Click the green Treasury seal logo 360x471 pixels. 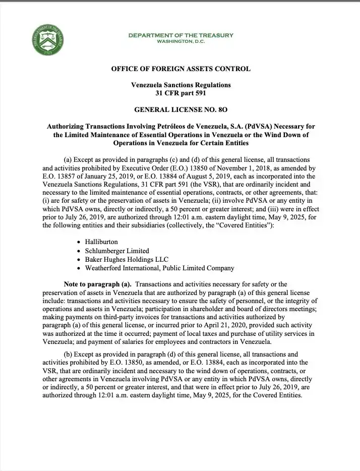click(x=49, y=38)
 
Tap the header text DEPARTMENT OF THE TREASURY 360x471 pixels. click(x=181, y=35)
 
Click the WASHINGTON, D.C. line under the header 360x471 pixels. click(x=181, y=41)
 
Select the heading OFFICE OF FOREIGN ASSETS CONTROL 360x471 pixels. click(x=181, y=69)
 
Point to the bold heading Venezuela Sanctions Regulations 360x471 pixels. click(x=181, y=85)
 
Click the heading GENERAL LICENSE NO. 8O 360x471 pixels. click(x=181, y=109)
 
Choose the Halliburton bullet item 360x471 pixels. click(x=101, y=242)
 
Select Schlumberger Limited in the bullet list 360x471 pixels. click(x=117, y=251)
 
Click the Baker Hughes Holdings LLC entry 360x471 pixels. click(x=124, y=259)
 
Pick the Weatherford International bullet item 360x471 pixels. click(x=159, y=268)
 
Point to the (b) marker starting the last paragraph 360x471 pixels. click(x=70, y=355)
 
